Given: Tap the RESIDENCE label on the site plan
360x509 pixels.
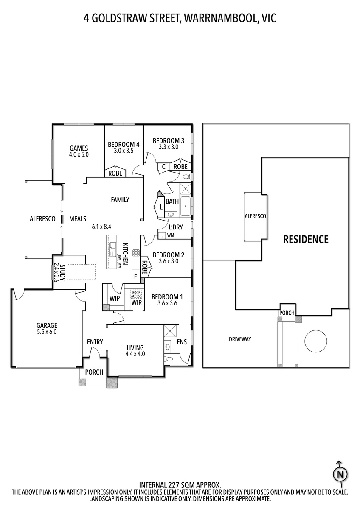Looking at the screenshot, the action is point(306,239).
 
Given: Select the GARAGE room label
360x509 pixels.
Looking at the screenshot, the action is point(47,325).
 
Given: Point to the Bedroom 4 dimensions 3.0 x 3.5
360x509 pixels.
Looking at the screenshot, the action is point(124,151).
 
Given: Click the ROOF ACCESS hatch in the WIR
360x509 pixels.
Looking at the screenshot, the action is point(136,294).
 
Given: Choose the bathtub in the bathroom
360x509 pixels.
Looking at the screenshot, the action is point(186,206).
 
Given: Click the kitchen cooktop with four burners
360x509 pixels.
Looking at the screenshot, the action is point(136,253).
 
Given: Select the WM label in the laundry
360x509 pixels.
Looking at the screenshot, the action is point(171,235).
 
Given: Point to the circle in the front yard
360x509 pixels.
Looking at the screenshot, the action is point(316,341).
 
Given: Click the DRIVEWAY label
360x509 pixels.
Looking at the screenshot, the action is point(240,339).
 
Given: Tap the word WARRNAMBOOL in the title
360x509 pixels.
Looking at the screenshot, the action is point(221,19).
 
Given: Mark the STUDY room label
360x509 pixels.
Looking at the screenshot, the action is point(63,272).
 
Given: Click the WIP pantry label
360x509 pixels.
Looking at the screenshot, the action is point(114,298).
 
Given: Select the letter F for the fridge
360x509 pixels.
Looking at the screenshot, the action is point(135,277).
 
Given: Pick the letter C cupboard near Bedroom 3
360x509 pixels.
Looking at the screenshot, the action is point(163,167).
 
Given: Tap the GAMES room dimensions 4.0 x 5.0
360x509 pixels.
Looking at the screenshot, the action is point(79,155).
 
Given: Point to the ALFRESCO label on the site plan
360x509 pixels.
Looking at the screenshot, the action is point(255,216).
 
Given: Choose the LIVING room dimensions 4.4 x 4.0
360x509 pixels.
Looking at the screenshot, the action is point(135,354).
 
